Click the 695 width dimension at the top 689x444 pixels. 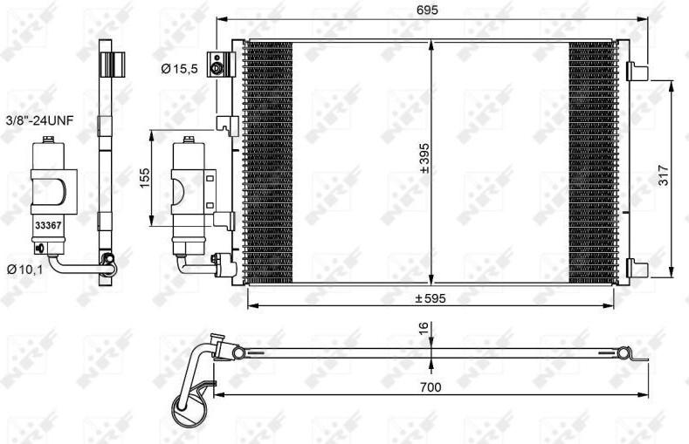(x=428, y=10)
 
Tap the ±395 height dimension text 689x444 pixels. (x=424, y=158)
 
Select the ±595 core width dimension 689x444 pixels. (x=431, y=299)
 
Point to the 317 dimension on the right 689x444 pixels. (x=663, y=175)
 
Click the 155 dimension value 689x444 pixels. (x=145, y=177)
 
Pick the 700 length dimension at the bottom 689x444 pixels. (x=431, y=387)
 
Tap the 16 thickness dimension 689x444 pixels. (x=423, y=327)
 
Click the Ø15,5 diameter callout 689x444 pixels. (x=179, y=68)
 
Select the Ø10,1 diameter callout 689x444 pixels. (x=25, y=270)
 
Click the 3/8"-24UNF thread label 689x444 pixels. (x=39, y=120)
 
